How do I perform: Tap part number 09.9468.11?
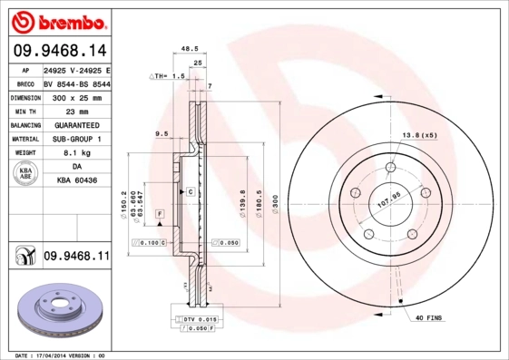click(76, 258)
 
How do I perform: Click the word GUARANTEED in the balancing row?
click(76, 125)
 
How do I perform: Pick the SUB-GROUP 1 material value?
click(76, 139)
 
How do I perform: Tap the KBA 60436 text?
click(76, 181)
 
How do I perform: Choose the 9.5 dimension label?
click(162, 133)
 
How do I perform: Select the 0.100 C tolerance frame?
click(150, 243)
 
